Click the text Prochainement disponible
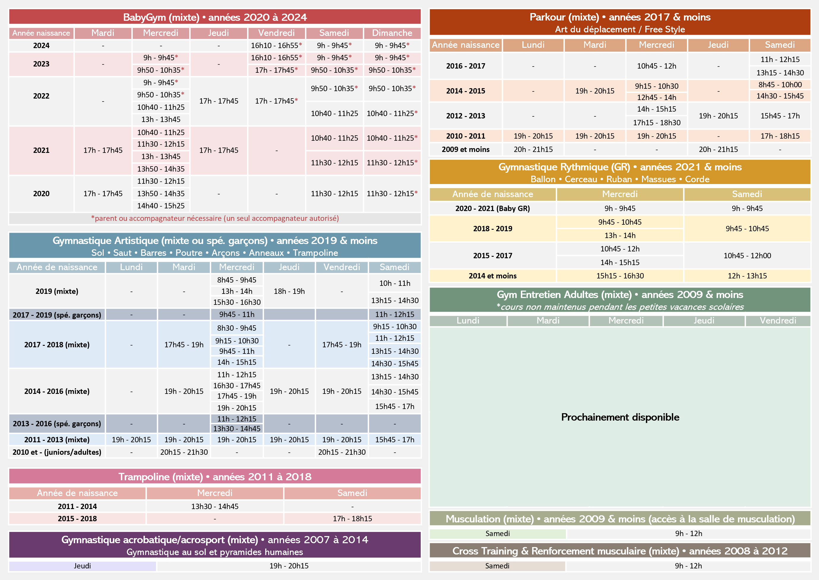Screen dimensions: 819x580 [620, 417]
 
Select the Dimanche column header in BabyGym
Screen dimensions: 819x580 [392, 33]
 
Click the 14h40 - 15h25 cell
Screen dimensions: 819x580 [161, 206]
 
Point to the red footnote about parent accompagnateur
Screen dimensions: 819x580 [215, 218]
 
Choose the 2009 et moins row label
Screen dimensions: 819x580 [466, 149]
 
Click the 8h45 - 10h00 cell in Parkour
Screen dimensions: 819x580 [780, 85]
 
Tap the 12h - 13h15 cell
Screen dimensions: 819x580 [747, 276]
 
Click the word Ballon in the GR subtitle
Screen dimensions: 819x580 [543, 179]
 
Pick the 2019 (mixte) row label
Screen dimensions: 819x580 [57, 291]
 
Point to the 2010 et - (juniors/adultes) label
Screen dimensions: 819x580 [57, 452]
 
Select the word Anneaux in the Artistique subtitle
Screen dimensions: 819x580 [266, 253]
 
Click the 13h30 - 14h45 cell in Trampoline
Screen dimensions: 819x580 [215, 506]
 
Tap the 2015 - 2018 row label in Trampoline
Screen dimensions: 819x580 [77, 519]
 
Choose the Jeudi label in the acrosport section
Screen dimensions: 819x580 [82, 566]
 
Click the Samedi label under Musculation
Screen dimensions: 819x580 [497, 534]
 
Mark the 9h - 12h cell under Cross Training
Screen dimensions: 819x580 [688, 566]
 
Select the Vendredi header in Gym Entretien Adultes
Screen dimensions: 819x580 [778, 321]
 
